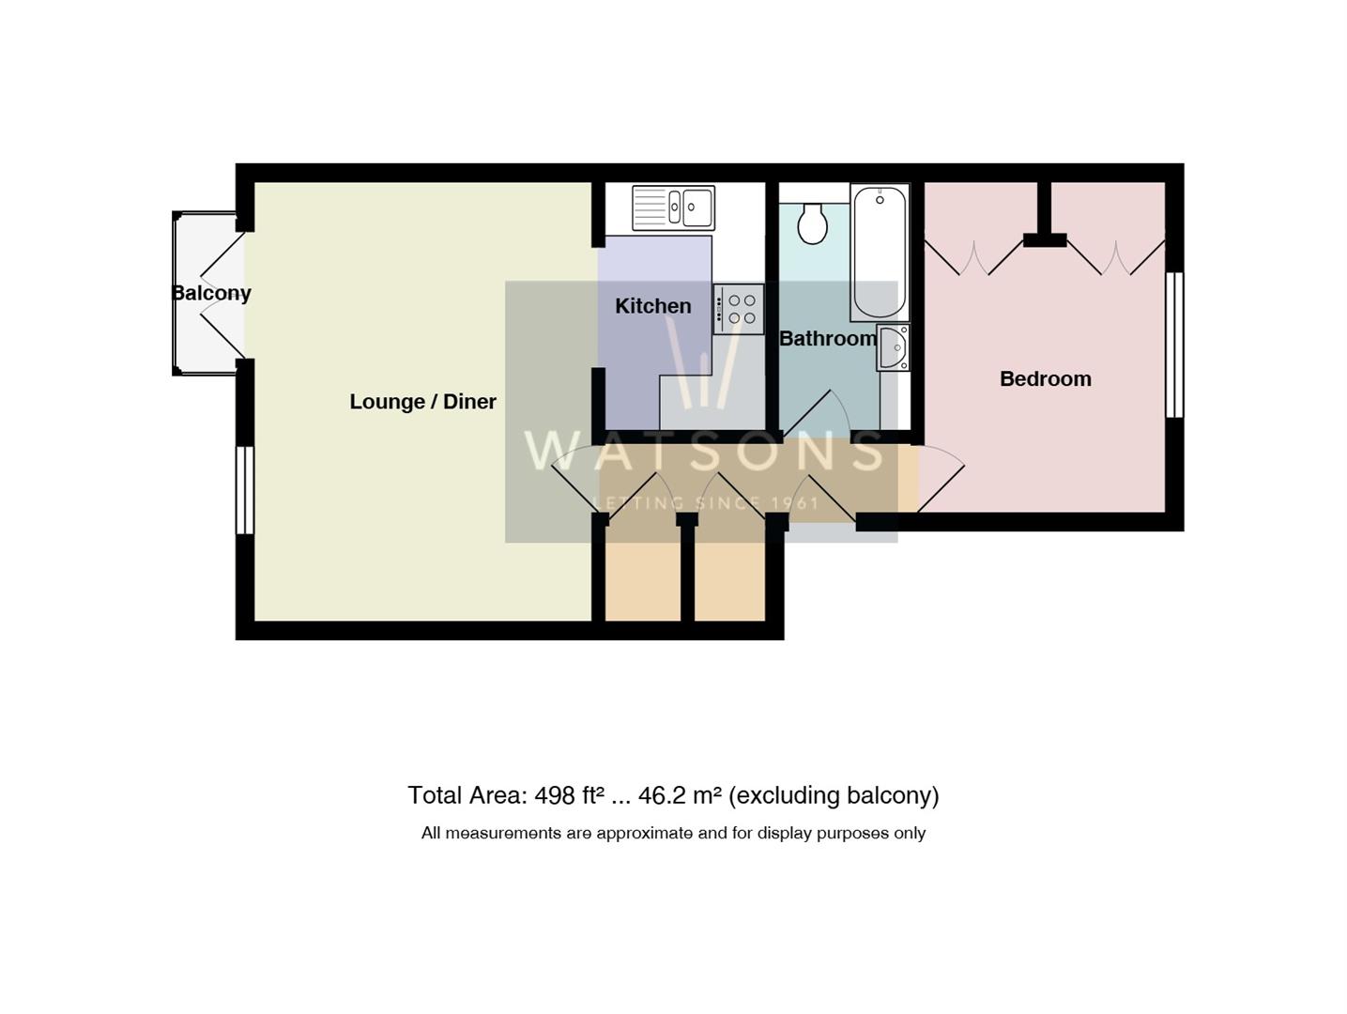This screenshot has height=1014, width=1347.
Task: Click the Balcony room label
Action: (x=211, y=293)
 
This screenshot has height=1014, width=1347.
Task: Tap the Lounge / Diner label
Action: (x=422, y=402)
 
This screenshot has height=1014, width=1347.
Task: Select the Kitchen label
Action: (x=652, y=306)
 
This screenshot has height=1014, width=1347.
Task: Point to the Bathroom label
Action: (x=827, y=339)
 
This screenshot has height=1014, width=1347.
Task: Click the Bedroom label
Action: (x=1045, y=379)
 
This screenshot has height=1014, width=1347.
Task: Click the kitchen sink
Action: (x=673, y=207)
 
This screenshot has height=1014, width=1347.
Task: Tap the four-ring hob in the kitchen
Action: (x=739, y=309)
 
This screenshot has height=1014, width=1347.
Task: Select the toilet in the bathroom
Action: (x=812, y=223)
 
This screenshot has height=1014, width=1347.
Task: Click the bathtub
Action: (x=880, y=252)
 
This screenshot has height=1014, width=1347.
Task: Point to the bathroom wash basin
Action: (x=894, y=348)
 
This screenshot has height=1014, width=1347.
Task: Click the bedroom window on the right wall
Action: (x=1173, y=345)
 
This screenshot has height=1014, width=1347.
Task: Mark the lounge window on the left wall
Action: (x=244, y=489)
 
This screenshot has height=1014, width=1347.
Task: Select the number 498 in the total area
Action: (x=554, y=796)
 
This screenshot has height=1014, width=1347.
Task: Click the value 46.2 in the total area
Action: (x=662, y=796)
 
